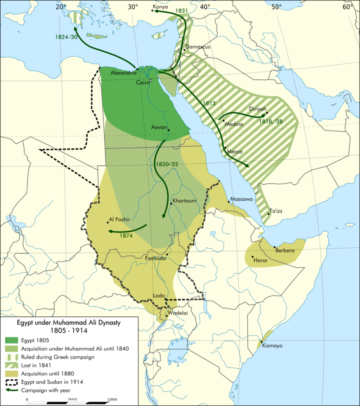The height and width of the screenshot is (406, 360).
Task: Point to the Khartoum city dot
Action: (x=171, y=204)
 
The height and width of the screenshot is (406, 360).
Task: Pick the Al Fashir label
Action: (x=119, y=219)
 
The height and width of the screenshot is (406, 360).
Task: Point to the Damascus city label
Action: (x=198, y=47)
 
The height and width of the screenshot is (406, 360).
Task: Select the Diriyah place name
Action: (x=259, y=109)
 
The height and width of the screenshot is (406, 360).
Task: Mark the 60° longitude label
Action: (x=348, y=6)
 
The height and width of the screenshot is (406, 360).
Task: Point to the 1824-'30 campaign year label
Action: (x=66, y=37)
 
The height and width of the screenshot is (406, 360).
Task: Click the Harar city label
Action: (x=260, y=260)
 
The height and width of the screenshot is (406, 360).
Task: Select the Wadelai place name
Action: (x=177, y=312)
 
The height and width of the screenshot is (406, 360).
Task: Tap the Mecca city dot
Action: (x=225, y=148)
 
